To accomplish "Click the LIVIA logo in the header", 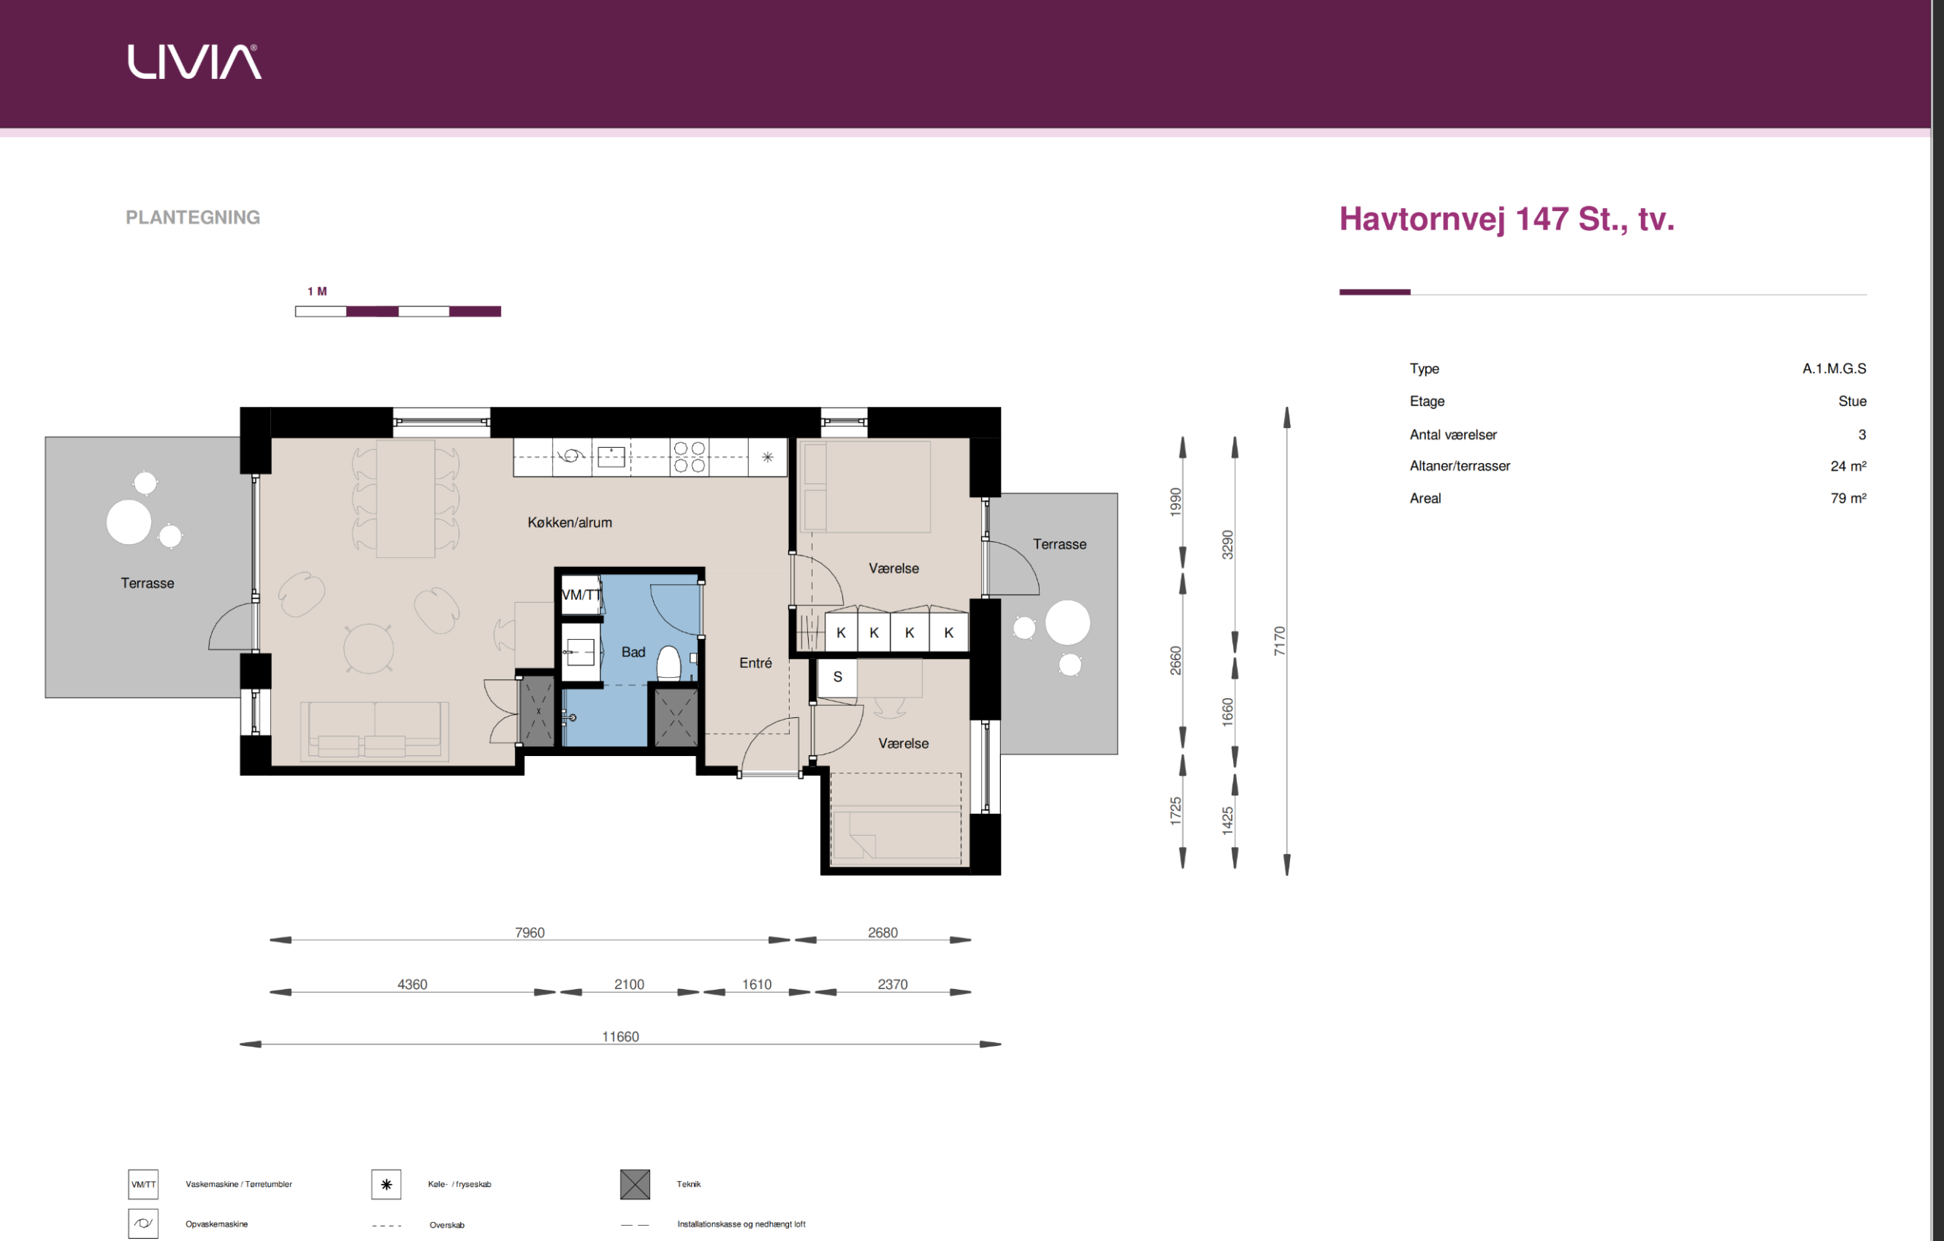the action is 194,62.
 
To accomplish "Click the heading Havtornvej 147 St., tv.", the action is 1507,219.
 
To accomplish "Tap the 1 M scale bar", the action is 398,311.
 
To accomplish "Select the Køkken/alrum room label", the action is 570,523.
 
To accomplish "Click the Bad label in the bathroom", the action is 633,652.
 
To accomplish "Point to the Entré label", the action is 756,663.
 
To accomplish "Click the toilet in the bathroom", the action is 668,663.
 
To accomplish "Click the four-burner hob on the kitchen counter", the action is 690,457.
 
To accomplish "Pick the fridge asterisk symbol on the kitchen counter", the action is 768,457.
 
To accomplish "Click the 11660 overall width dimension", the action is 620,1037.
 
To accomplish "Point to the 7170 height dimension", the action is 1279,641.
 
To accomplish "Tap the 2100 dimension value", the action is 629,984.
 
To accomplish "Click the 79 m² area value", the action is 1848,499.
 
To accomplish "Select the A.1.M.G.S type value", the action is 1834,369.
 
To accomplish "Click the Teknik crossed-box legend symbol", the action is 635,1185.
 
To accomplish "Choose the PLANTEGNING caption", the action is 193,218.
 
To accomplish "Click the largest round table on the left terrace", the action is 129,522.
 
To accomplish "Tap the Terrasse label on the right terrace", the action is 1059,545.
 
